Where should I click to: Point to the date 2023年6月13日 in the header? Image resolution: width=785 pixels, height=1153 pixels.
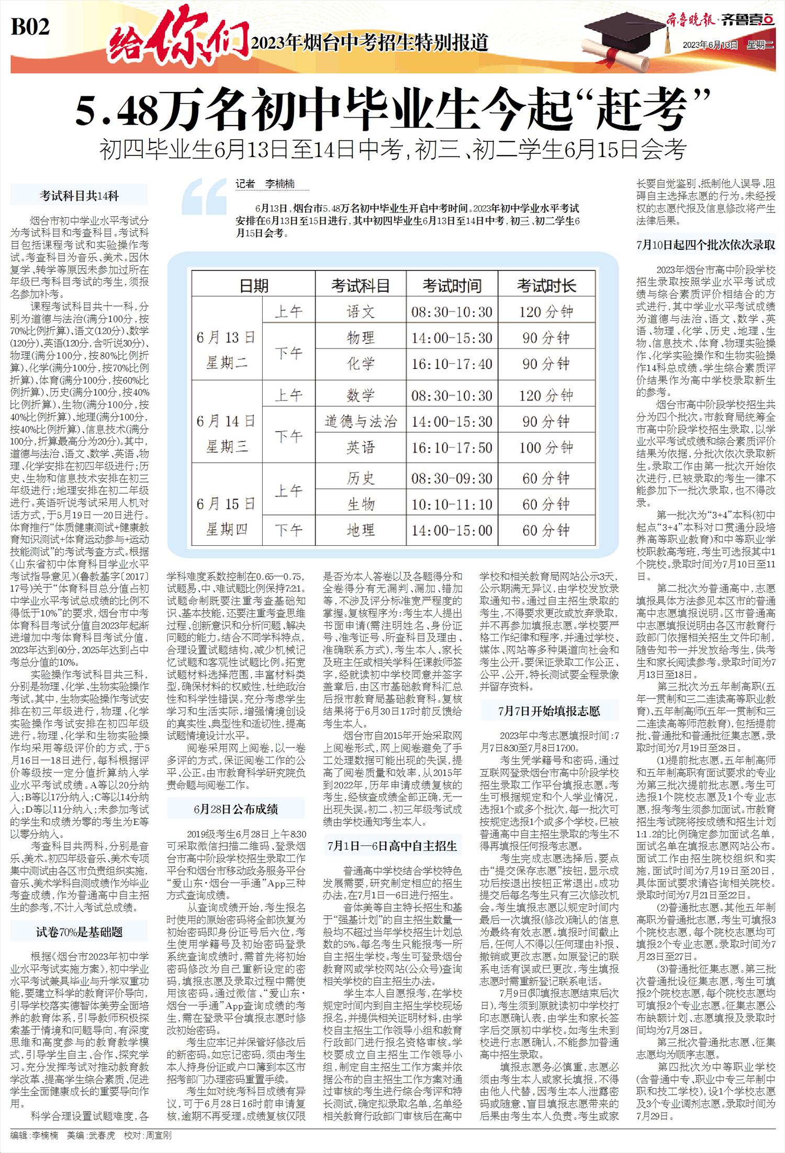point(710,45)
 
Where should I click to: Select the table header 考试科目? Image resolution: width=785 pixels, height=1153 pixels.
point(361,286)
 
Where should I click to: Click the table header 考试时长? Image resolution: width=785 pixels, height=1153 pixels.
point(546,286)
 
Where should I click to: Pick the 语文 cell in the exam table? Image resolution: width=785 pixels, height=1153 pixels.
point(361,312)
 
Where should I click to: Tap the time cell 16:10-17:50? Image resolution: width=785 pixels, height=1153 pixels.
point(452,447)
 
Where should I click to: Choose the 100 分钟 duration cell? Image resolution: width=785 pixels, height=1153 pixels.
point(546,447)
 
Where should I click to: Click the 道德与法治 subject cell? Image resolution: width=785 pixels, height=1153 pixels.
point(361,421)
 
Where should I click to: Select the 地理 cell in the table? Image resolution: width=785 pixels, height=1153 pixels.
point(361,530)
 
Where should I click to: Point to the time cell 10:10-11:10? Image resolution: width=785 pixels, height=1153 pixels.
point(452,505)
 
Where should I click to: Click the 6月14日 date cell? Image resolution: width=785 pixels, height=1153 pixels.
point(226,421)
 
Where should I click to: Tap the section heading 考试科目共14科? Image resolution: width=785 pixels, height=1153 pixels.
point(79,196)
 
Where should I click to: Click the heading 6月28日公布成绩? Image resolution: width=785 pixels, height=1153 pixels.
point(235,809)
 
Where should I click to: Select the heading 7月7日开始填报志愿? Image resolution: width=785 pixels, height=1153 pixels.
point(549,711)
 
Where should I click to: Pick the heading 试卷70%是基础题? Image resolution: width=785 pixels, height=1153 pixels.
point(79,932)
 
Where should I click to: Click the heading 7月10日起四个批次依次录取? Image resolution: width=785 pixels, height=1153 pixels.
point(705,245)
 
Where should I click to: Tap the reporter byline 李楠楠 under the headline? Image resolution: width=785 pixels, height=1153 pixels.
point(279,184)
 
